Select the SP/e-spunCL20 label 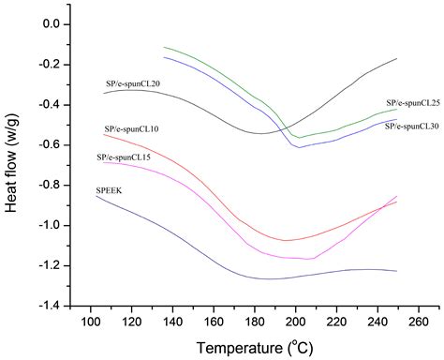click(132, 84)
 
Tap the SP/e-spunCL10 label click(131, 127)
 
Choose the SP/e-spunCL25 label click(412, 103)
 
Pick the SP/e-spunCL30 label click(412, 125)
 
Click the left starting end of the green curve click(164, 47)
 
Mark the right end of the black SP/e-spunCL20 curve click(397, 58)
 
